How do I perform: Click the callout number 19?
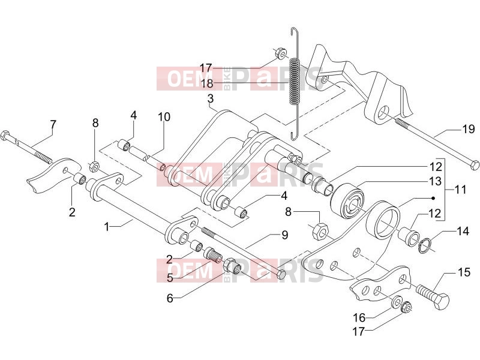[x=468, y=129]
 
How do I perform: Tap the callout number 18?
[x=206, y=83]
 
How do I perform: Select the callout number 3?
[x=211, y=99]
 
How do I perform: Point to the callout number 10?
[x=164, y=116]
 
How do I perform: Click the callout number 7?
[x=53, y=125]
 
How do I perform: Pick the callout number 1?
[x=107, y=227]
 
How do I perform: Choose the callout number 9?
[x=284, y=235]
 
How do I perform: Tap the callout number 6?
[x=170, y=298]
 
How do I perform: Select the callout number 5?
[x=170, y=278]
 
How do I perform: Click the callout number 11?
[x=460, y=190]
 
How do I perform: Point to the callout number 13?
[x=436, y=181]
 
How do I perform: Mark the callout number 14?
[x=463, y=231]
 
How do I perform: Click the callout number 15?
[x=464, y=272]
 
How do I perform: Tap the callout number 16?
[x=359, y=317]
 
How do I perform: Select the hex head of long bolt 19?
[x=474, y=164]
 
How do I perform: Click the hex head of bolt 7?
[x=5, y=135]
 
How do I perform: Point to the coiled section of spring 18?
[x=295, y=81]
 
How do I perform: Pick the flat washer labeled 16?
[x=397, y=301]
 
